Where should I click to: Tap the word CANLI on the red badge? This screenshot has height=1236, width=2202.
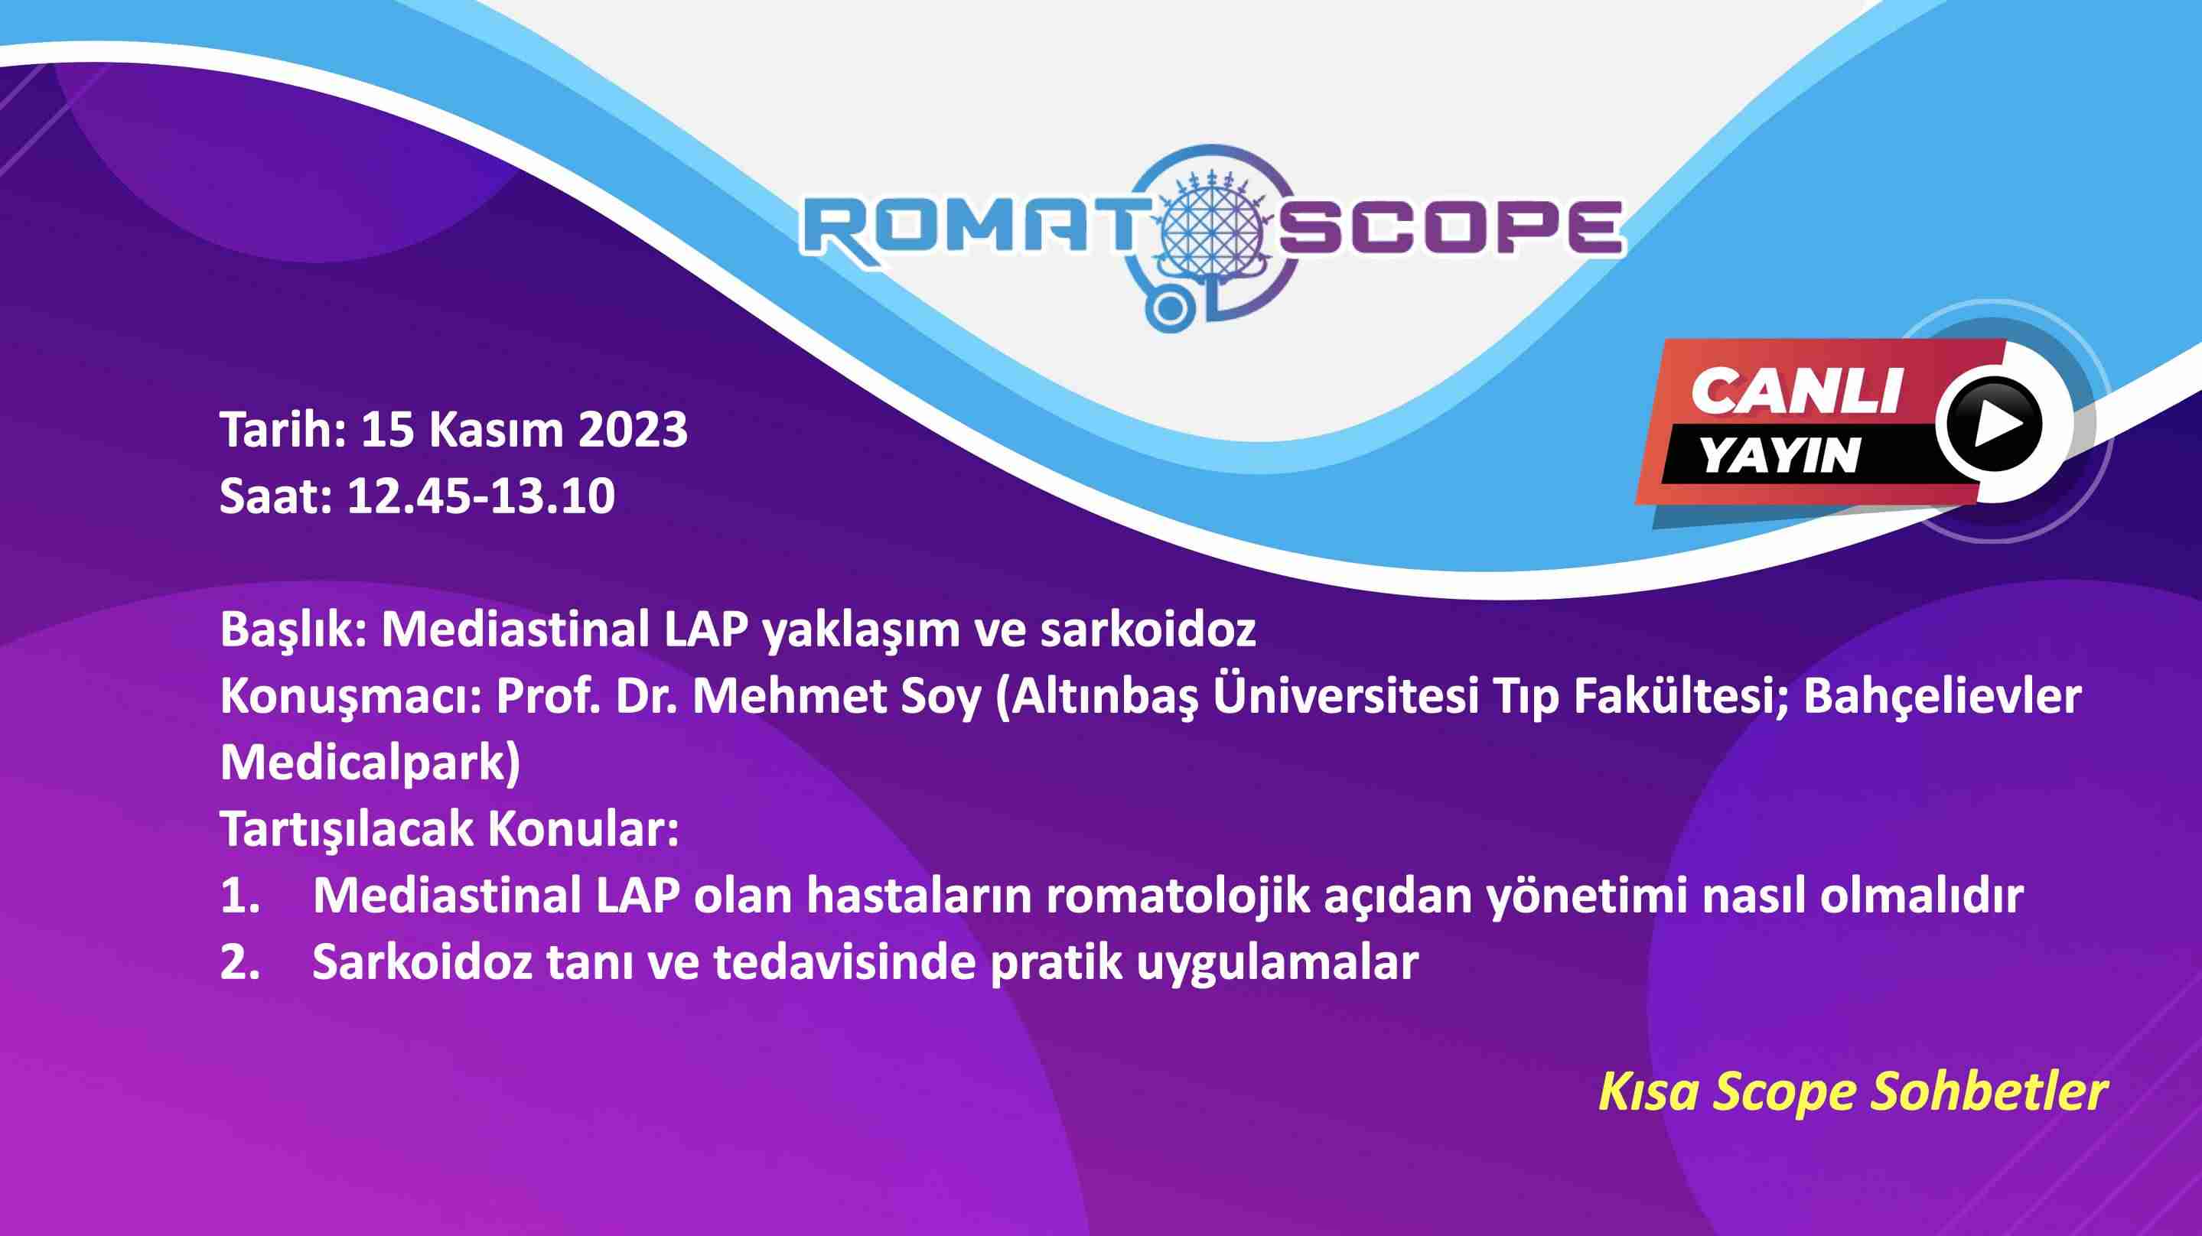(x=1796, y=392)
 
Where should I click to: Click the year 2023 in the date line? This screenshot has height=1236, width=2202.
(x=634, y=430)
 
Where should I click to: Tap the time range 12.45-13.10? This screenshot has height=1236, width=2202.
(x=480, y=496)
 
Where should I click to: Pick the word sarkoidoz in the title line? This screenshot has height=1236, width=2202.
(x=1148, y=630)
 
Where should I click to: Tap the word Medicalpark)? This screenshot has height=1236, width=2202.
(x=370, y=763)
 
